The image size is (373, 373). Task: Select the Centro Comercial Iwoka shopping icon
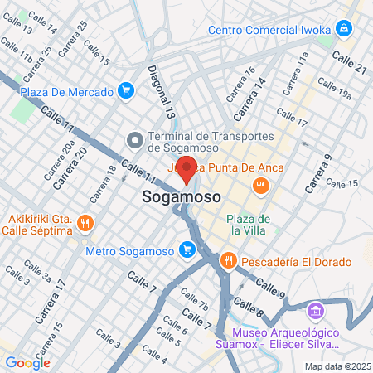point(345,30)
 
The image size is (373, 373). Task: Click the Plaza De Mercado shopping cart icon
point(126,90)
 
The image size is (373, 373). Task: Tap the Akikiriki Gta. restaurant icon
point(89,224)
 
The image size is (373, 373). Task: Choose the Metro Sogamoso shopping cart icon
point(187,249)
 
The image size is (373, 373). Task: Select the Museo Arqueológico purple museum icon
point(314,312)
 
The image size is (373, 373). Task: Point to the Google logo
point(27,362)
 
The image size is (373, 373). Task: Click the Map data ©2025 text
point(336,366)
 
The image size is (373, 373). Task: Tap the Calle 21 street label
point(348,63)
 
